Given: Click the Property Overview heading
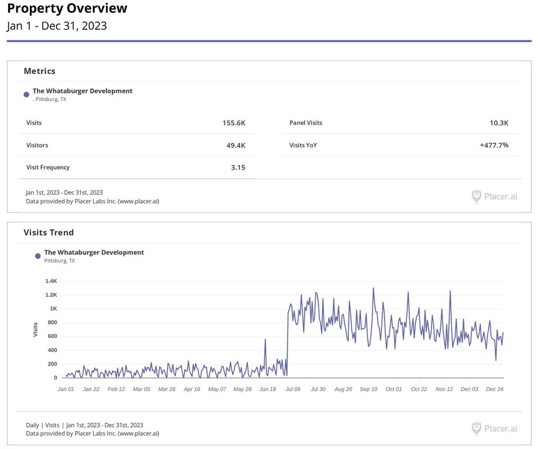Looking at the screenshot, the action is [x=67, y=9].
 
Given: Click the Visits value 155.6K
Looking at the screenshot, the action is [x=234, y=123].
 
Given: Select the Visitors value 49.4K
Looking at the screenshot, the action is [x=236, y=146].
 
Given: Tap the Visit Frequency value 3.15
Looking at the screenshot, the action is [x=238, y=167].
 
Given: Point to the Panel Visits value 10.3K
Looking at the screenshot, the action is [x=499, y=123].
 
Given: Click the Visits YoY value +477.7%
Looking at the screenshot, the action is [x=494, y=145].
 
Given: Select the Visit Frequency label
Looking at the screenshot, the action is [x=48, y=167].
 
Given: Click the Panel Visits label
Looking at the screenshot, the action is [x=306, y=123].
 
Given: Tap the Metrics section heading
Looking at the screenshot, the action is [x=39, y=71].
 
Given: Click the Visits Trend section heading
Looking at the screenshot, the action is [x=49, y=233].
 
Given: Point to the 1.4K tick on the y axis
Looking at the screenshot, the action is [x=51, y=281].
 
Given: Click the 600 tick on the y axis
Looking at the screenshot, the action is [x=53, y=336].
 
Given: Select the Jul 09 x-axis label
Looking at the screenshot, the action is [x=292, y=389].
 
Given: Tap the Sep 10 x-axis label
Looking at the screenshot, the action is [x=368, y=389].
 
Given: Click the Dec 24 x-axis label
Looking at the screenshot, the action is [x=495, y=389].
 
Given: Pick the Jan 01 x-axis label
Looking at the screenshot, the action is [x=66, y=389].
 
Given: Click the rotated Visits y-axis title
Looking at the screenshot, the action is [x=35, y=329].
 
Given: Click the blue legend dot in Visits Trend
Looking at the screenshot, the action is [x=38, y=256].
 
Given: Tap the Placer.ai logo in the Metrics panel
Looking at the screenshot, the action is [x=494, y=196].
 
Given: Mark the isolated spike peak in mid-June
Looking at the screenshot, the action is [x=265, y=339].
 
